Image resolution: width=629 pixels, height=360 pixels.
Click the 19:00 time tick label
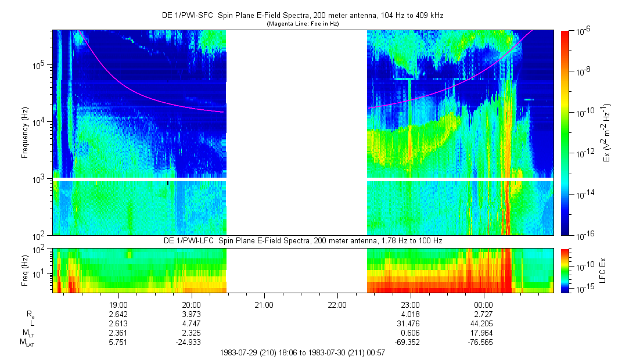pos(118,304)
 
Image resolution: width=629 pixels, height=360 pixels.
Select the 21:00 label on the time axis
pos(264,304)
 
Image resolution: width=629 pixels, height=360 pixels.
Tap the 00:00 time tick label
pos(483,304)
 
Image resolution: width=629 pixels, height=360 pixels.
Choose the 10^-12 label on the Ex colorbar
pos(583,153)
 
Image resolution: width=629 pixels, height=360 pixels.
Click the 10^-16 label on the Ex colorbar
pos(583,235)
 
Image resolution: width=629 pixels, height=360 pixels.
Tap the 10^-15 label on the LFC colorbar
pos(583,288)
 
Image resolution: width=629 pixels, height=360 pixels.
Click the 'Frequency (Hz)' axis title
pos(25,133)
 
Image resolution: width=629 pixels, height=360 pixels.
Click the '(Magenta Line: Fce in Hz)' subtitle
pos(303,24)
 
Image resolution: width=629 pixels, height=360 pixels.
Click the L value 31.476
pos(410,323)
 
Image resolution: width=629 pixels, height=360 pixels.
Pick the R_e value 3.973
pos(192,314)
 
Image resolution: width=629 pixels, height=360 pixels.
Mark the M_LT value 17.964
pos(483,333)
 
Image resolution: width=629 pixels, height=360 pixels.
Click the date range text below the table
pos(303,352)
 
